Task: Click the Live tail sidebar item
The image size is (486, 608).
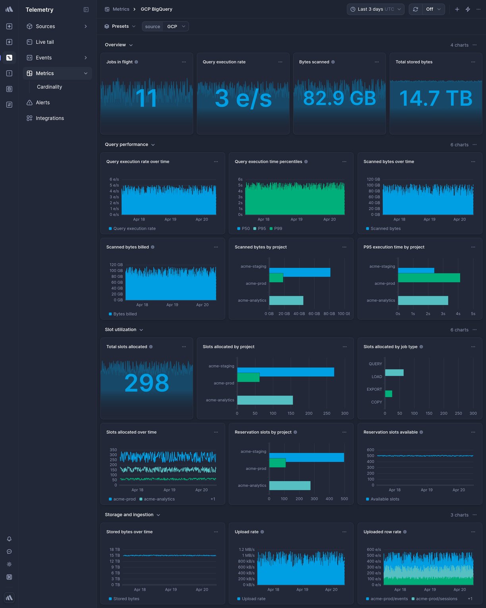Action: pos(44,42)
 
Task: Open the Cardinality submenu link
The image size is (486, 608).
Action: pos(49,87)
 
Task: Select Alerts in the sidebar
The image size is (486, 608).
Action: pos(42,103)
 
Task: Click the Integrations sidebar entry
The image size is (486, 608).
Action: pos(50,118)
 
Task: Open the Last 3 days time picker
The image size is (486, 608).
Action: pos(375,9)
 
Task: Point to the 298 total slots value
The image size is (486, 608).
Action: pos(147,383)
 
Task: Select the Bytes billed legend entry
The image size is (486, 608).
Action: pos(125,314)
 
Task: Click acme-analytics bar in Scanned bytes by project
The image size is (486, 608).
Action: pos(286,300)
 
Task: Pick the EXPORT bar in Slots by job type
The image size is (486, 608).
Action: pos(388,394)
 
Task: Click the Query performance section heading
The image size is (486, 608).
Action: pos(126,145)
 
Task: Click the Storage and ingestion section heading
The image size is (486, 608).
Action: pos(129,515)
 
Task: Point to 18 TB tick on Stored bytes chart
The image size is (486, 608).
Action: pos(115,550)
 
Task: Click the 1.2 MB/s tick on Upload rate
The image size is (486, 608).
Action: pos(247,550)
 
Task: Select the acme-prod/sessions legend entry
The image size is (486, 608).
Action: pos(436,599)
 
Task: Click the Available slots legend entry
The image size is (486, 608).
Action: pos(384,500)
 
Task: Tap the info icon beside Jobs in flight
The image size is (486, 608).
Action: pos(136,62)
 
